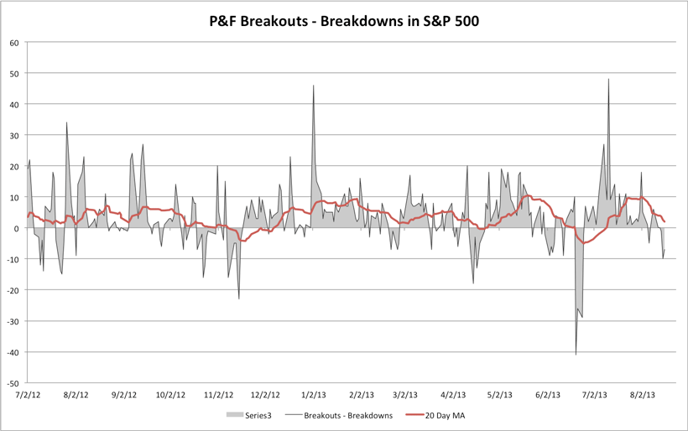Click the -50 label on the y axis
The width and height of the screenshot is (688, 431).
click(13, 382)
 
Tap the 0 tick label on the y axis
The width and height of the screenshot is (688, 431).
click(18, 228)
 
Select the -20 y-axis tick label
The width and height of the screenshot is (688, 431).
click(13, 290)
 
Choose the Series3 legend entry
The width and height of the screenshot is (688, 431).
click(249, 414)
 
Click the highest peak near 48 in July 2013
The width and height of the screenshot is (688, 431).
click(608, 80)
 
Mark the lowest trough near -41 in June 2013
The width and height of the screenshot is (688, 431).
click(576, 354)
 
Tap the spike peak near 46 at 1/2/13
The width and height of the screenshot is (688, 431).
click(314, 86)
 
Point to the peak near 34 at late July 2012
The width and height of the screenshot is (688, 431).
click(67, 122)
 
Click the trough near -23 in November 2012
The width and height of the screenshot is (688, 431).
click(239, 299)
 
